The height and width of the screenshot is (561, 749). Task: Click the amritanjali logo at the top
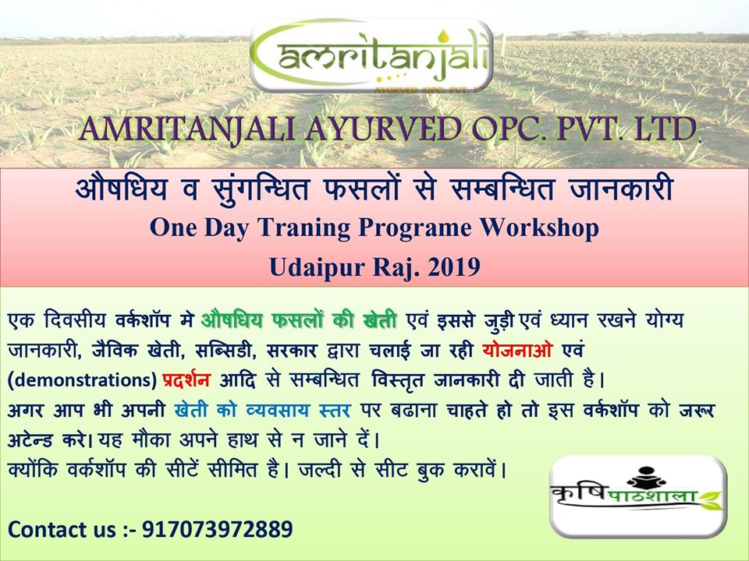[371, 56]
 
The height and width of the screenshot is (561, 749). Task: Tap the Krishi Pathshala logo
[638, 496]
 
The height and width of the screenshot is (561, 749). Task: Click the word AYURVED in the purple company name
[383, 129]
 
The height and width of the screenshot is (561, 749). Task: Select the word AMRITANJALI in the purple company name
[188, 129]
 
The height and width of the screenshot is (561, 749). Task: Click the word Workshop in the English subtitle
[539, 228]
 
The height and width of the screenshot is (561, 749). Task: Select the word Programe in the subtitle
[414, 229]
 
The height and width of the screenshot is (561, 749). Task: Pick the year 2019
[454, 266]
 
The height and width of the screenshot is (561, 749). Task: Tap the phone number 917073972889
[218, 530]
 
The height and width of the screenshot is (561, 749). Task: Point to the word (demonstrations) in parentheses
[82, 380]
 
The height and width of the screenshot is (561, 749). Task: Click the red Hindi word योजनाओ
[517, 350]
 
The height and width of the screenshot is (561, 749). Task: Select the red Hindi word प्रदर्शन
[186, 379]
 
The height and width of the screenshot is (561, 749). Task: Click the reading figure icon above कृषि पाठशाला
[646, 477]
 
